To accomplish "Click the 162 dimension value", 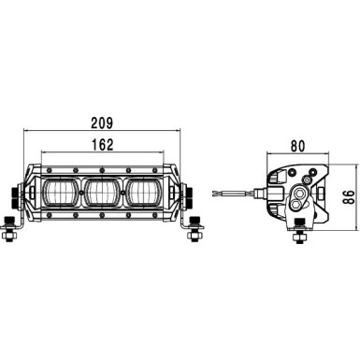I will click(103, 146).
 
